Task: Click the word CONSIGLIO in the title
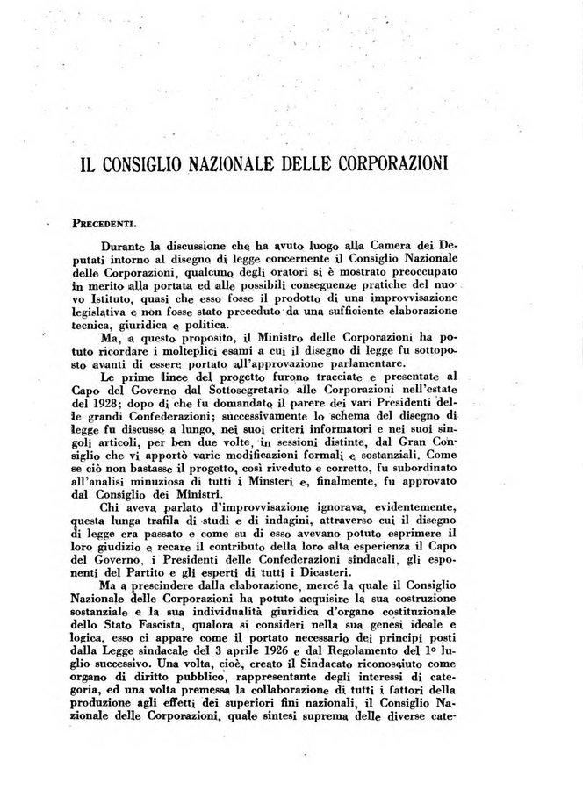(165, 165)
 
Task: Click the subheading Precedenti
(108, 224)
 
